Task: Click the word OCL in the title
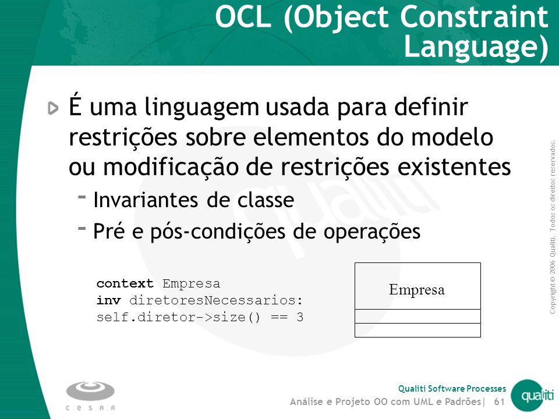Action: click(x=243, y=17)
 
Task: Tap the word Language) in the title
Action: click(x=476, y=47)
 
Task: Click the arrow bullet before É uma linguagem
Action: click(x=53, y=108)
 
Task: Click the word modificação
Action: click(x=171, y=167)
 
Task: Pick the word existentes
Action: click(x=454, y=167)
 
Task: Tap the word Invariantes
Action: click(x=146, y=200)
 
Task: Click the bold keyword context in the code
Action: click(x=125, y=283)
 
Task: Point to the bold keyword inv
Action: click(x=109, y=300)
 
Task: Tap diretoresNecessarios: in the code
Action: click(x=216, y=300)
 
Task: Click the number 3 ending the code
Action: click(x=299, y=317)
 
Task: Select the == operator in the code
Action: click(x=279, y=317)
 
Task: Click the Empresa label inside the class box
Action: click(x=417, y=290)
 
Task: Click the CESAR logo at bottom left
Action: click(x=90, y=396)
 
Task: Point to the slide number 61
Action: click(x=500, y=402)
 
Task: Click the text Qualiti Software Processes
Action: click(x=452, y=388)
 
